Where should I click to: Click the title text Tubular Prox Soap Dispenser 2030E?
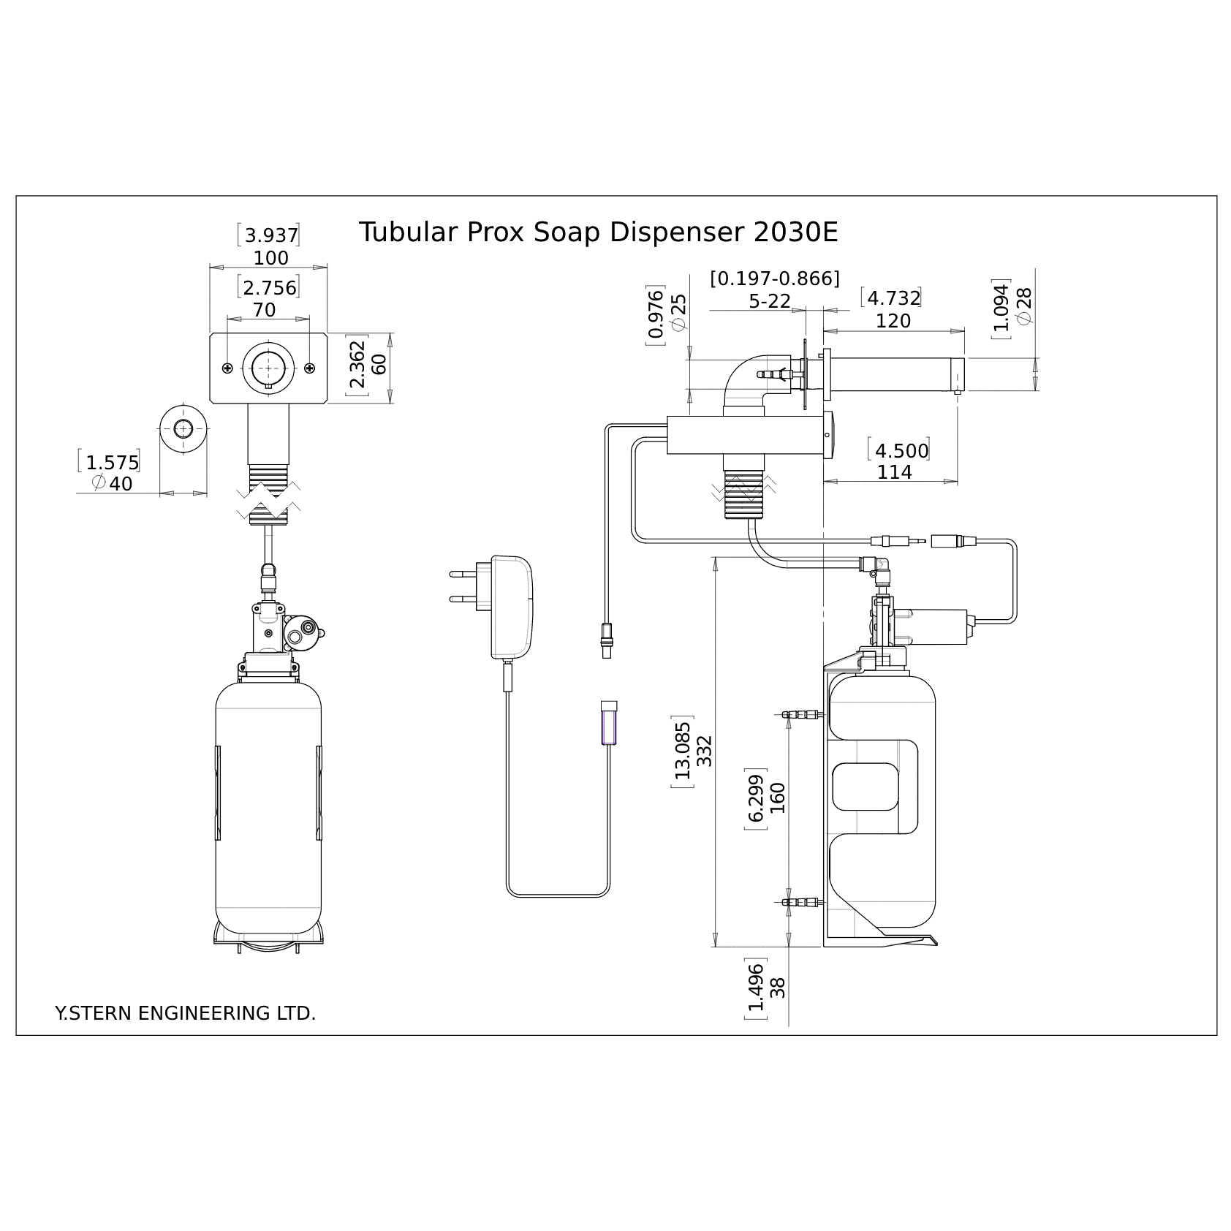click(598, 233)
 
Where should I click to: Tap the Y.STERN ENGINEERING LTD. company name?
click(186, 1013)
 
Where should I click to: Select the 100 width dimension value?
click(271, 258)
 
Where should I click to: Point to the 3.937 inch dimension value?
click(271, 235)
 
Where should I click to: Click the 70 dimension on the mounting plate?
click(265, 310)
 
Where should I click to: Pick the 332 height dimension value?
click(704, 751)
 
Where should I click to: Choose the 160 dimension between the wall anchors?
click(777, 798)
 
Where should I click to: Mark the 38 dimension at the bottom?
click(778, 987)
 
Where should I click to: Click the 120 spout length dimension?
click(893, 321)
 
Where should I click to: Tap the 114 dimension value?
click(895, 472)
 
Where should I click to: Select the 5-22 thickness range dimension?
click(770, 301)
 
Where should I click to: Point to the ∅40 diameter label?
click(113, 484)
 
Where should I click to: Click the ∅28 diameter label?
click(1024, 306)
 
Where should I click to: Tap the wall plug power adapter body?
click(512, 607)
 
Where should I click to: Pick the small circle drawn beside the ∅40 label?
click(183, 428)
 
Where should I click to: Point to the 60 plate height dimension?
click(379, 364)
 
